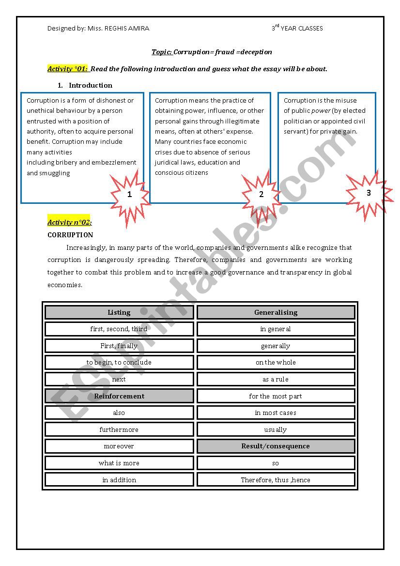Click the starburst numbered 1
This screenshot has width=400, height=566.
coord(129,195)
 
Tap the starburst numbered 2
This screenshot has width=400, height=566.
coord(262,195)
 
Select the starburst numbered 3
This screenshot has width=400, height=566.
coord(369,193)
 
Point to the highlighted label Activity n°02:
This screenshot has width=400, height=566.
coord(69,222)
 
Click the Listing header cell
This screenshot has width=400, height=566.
coord(119,312)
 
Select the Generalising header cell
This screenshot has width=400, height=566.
coord(276,312)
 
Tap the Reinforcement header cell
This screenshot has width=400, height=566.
coord(119,396)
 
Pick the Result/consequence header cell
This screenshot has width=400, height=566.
coord(276,446)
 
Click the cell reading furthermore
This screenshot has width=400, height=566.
coord(119,429)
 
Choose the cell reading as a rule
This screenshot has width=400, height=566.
coord(276,379)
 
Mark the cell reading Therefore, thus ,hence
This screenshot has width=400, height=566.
coord(276,480)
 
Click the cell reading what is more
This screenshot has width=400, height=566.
coord(119,463)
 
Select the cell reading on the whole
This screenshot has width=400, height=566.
coord(276,362)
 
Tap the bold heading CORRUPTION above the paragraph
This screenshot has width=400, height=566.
coord(70,235)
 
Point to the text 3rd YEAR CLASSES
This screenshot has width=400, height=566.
coord(297,28)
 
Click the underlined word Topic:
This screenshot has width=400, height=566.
coord(162,52)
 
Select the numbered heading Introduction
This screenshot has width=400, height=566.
coord(90,85)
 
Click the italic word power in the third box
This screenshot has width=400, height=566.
coord(321,111)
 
